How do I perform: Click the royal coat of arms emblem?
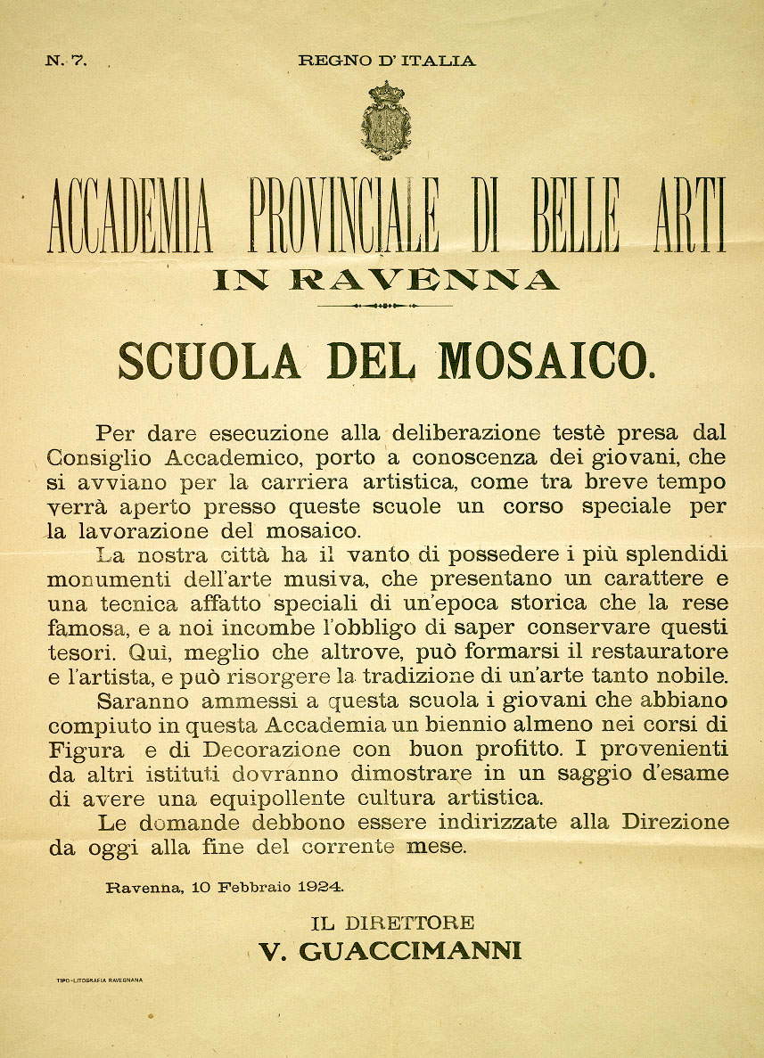[x=385, y=120]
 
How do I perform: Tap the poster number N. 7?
[x=64, y=62]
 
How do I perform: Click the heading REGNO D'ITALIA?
[x=386, y=62]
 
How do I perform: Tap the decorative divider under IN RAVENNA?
[x=385, y=306]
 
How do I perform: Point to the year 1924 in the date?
[x=320, y=887]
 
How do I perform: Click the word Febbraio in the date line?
[x=252, y=887]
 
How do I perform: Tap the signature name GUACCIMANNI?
[x=410, y=951]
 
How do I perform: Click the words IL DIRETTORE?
[x=391, y=923]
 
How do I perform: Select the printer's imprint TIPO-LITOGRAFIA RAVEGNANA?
[x=99, y=980]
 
